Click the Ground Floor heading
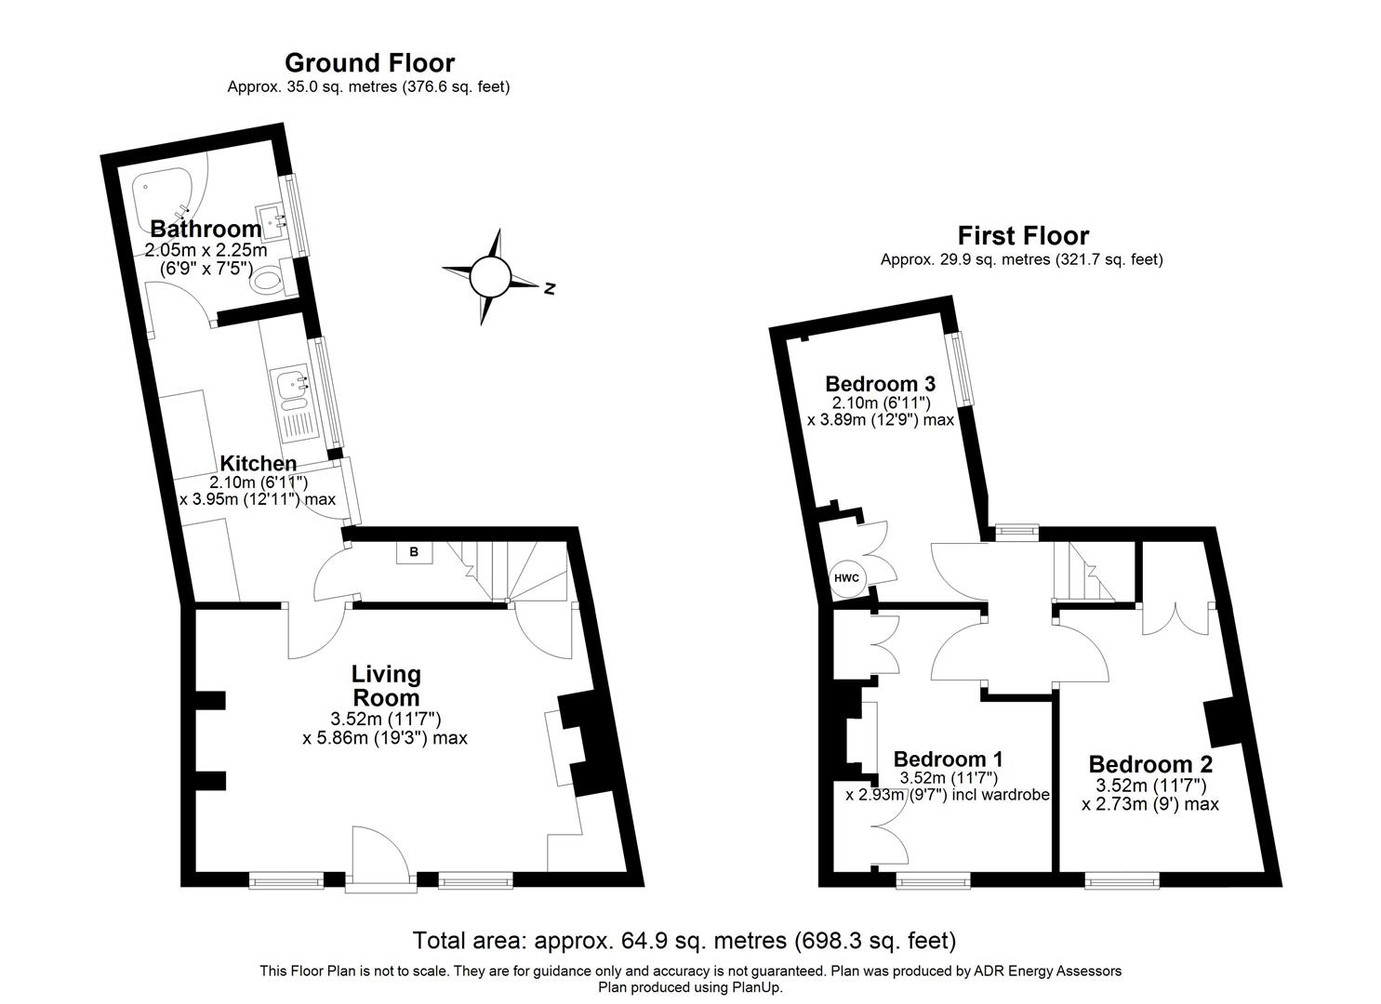369,63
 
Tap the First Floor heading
1023,236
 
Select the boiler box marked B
414,552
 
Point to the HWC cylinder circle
846,578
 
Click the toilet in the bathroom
270,280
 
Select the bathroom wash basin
273,220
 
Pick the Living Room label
385,685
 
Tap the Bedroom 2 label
1150,764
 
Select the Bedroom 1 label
948,760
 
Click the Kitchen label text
258,463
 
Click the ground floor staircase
507,569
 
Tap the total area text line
684,940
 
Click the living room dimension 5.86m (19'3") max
384,738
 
